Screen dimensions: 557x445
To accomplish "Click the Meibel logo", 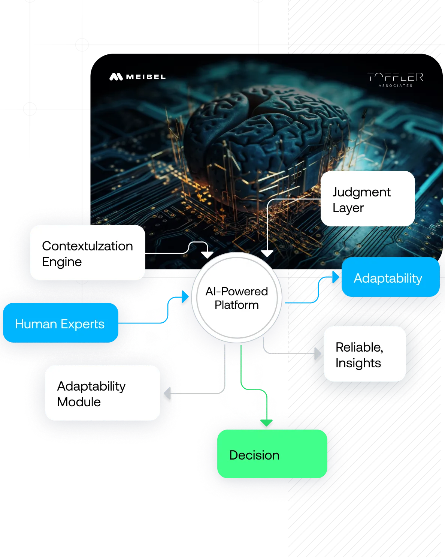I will point(137,77).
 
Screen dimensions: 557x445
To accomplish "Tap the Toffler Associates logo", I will point(395,79).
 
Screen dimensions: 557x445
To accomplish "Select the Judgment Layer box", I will point(367,199).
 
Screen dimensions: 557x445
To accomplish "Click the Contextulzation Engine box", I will point(87,253).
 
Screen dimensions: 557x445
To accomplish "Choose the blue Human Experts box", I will point(60,323).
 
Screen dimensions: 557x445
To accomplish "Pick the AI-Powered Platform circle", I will point(236,298).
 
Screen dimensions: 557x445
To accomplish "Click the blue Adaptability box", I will point(390,277).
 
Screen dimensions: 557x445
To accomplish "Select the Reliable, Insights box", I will point(364,354).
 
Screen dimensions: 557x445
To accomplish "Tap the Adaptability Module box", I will point(102,393).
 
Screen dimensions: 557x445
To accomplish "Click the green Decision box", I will point(272,454).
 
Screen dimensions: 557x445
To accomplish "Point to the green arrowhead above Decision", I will point(266,423).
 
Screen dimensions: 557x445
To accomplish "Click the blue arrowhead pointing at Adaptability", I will point(335,277).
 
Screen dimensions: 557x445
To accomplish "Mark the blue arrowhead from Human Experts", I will point(185,296).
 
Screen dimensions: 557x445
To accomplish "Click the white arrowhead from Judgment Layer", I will point(267,253).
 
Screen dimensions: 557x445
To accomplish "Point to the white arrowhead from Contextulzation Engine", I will point(207,255).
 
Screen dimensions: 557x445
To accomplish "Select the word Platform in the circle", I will point(236,305).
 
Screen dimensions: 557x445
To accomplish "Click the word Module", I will point(79,402).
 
